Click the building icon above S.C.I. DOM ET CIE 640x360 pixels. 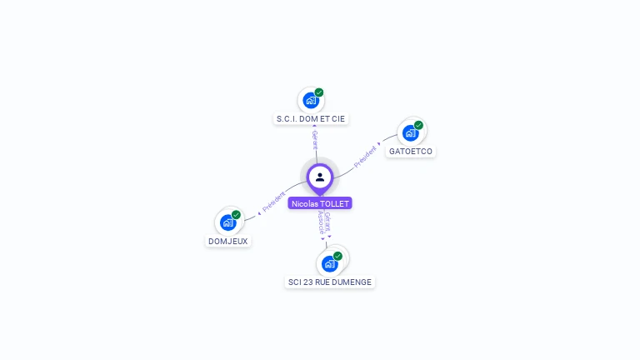[x=310, y=101]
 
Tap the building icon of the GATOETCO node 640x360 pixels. [x=409, y=132]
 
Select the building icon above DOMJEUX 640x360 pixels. [x=227, y=222]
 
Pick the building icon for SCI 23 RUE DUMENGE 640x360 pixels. [x=329, y=264]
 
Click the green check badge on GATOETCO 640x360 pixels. [x=418, y=125]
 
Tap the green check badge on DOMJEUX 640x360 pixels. [x=236, y=215]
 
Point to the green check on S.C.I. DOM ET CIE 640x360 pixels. [x=319, y=92]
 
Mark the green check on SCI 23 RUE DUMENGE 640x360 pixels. [x=337, y=256]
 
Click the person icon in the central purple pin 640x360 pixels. [x=320, y=177]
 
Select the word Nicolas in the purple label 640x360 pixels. [x=304, y=203]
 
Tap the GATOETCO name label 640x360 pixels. [x=411, y=152]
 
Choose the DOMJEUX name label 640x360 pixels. [x=227, y=242]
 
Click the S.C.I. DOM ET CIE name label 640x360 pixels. [x=310, y=119]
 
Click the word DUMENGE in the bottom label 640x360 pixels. [x=353, y=282]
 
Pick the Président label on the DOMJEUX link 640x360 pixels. [x=273, y=201]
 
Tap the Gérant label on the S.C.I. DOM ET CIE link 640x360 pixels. [x=315, y=140]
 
